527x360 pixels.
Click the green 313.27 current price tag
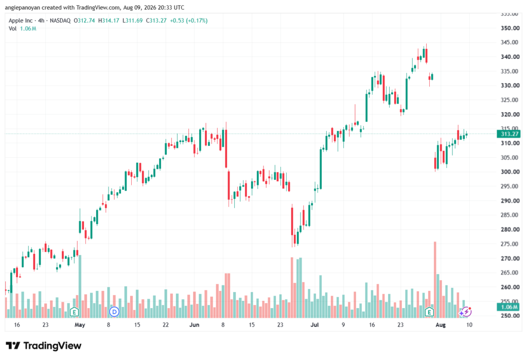point(508,134)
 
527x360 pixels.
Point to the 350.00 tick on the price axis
point(510,28)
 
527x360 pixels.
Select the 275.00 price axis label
point(510,244)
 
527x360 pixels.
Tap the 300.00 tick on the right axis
point(510,172)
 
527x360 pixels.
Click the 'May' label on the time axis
point(80,325)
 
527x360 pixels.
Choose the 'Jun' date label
point(194,325)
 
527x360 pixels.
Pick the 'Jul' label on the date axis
point(314,325)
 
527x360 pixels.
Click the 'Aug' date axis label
point(441,325)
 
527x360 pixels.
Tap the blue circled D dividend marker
point(114,312)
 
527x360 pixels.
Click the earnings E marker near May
point(74,312)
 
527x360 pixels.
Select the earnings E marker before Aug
point(429,312)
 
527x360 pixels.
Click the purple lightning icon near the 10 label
point(466,312)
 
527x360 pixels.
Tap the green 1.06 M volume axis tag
point(508,307)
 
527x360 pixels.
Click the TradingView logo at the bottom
point(44,346)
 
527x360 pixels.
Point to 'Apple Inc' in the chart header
point(21,21)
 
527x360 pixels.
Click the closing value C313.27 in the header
point(156,21)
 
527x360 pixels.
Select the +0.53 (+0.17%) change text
point(188,21)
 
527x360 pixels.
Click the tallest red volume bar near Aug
point(435,280)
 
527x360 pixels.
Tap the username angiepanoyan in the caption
point(22,7)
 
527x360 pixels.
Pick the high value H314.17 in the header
point(109,21)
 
